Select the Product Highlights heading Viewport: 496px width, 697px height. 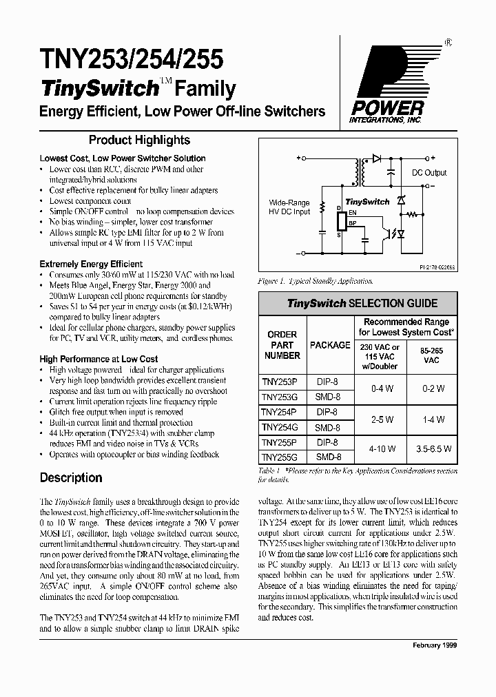click(x=139, y=140)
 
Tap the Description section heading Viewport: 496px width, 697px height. click(x=71, y=477)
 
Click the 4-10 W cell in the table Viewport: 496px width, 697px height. click(x=381, y=449)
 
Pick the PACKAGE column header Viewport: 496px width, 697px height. click(x=330, y=345)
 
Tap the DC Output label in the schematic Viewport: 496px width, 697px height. click(x=429, y=173)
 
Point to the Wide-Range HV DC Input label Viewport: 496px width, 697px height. click(x=289, y=207)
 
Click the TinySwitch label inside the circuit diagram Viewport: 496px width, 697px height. click(x=366, y=202)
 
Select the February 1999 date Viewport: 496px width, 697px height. click(x=434, y=645)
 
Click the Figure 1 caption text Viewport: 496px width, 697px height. click(x=316, y=282)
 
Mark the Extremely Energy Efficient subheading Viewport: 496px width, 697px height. click(x=91, y=264)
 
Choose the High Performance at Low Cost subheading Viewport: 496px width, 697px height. click(x=99, y=359)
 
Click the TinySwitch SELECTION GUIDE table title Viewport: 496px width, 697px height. click(x=357, y=303)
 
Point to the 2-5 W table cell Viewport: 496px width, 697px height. click(x=381, y=419)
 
